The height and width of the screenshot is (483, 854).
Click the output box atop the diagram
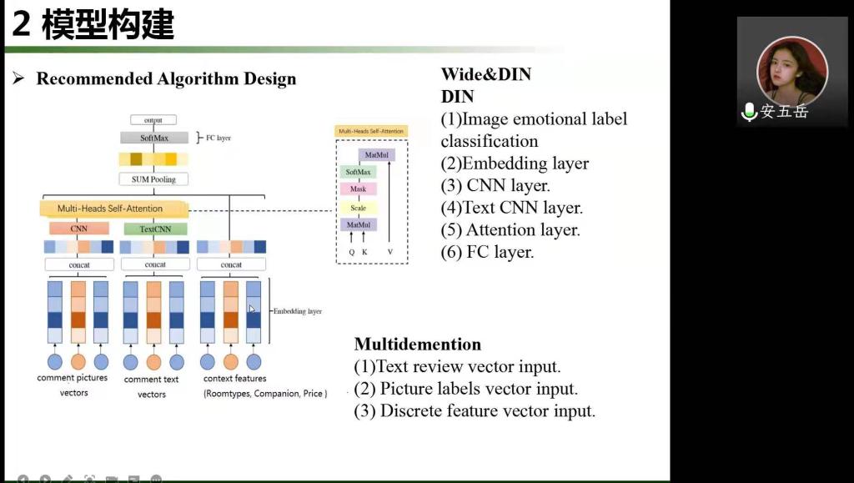(153, 120)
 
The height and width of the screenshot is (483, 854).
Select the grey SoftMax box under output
(154, 138)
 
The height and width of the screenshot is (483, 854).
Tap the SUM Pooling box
(154, 179)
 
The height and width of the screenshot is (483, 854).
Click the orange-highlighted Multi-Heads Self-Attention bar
(110, 208)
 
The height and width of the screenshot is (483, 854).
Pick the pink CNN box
(78, 228)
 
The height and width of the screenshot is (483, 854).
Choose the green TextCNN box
(155, 228)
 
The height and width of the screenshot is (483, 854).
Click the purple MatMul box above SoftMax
(376, 155)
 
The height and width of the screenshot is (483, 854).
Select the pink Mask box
(358, 189)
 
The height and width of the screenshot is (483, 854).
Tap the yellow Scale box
(358, 208)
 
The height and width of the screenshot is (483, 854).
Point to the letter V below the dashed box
(389, 250)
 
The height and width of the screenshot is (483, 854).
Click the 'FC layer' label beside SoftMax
(218, 138)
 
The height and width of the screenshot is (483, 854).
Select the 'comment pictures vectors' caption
(73, 385)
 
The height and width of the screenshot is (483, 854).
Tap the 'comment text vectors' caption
(151, 386)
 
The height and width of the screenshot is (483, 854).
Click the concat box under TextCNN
(155, 264)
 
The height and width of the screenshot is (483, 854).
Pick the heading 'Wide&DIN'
(485, 74)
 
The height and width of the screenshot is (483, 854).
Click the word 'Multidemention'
(417, 344)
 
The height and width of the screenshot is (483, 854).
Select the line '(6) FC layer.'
(487, 252)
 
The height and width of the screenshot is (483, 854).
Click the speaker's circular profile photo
(791, 70)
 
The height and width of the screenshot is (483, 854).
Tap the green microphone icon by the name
(749, 112)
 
